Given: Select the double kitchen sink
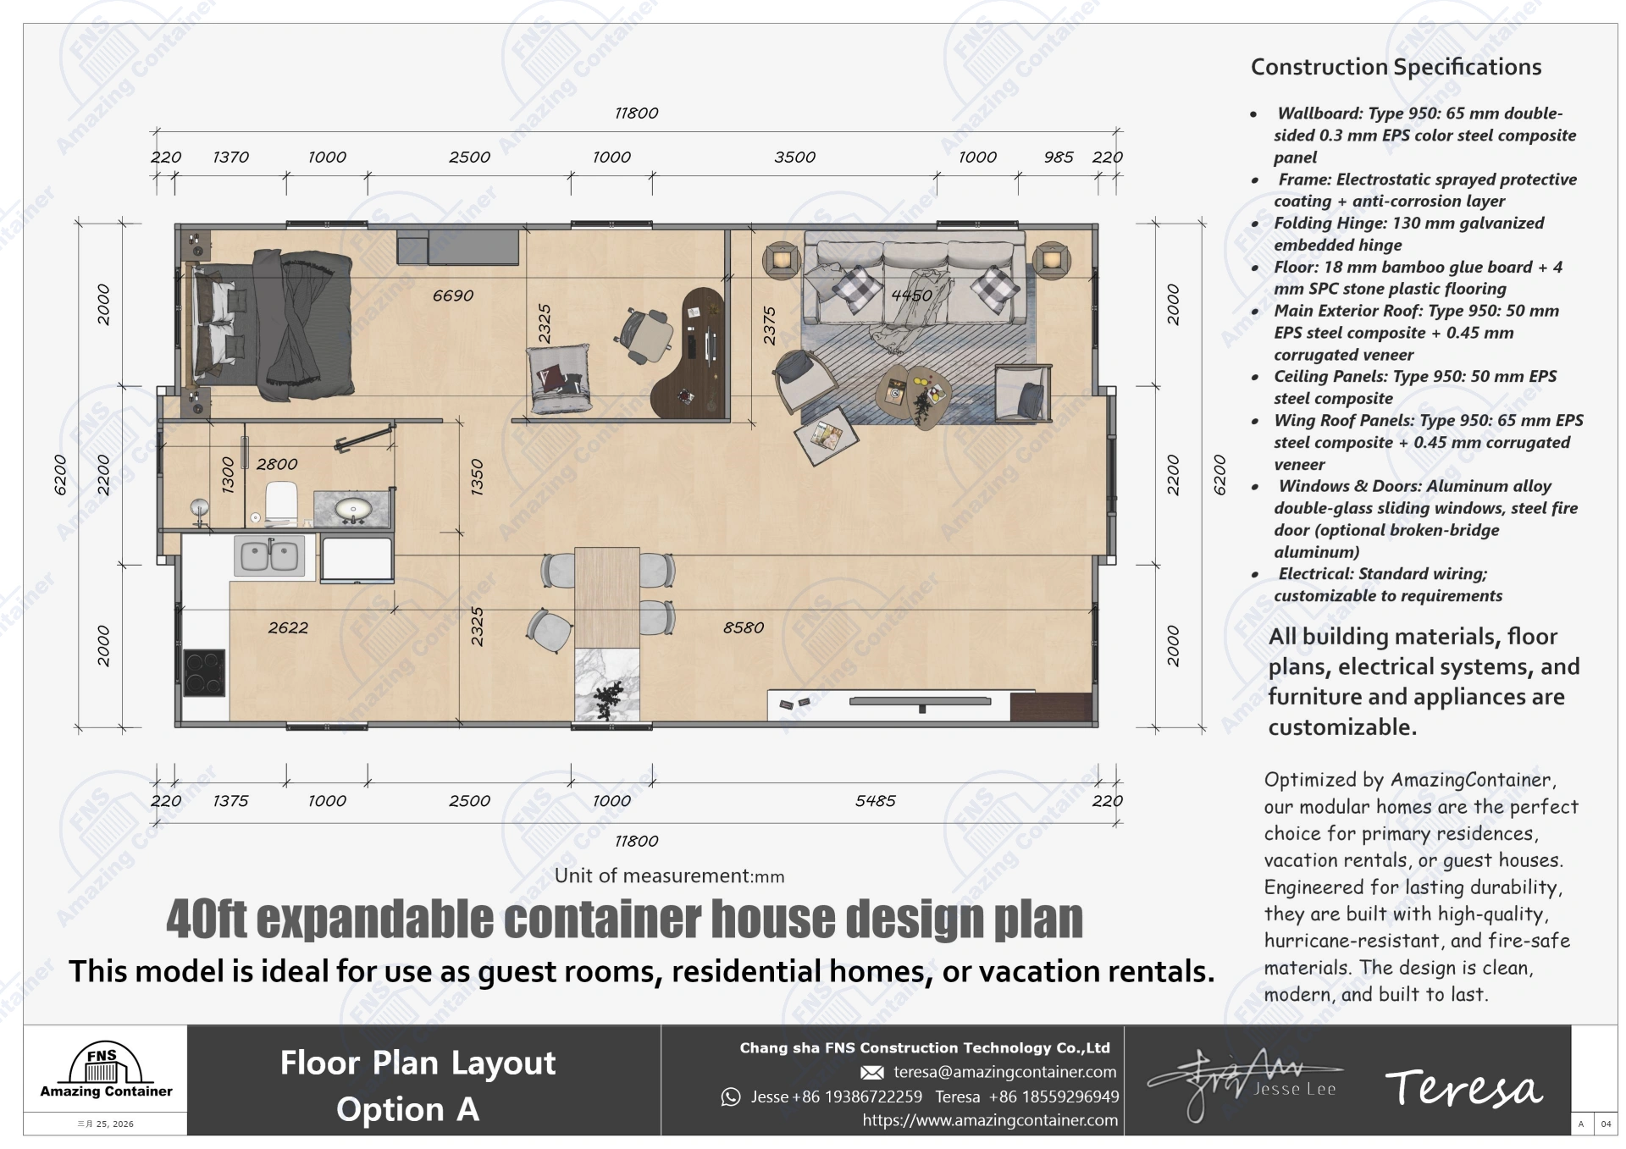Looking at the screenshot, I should point(269,555).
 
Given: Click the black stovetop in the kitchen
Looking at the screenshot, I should point(204,672).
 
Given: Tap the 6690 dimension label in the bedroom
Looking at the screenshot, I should point(453,296).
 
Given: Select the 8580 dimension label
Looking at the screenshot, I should point(743,627).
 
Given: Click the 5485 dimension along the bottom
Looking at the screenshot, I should point(875,800).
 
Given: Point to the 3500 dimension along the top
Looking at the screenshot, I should point(794,157).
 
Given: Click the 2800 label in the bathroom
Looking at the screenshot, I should point(277,464).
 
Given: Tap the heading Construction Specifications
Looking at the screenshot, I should point(1396,67).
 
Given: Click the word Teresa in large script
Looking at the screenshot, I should point(1463,1088).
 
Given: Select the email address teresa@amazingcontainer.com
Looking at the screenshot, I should point(1004,1072).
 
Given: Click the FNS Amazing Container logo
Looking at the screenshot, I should point(106,1071).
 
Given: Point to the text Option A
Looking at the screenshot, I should point(407,1109).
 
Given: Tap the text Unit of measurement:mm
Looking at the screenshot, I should point(669,876).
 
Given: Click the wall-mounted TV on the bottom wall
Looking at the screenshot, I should point(920,702).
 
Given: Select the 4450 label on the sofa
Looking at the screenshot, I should point(911,296).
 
